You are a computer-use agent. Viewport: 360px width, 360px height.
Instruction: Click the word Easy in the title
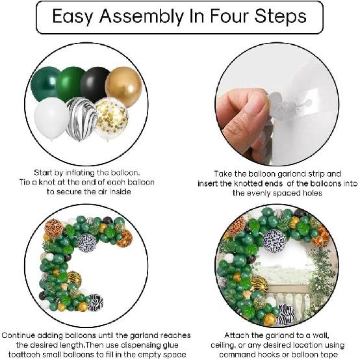[75, 18]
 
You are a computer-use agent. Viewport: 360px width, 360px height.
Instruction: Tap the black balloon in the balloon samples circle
[95, 83]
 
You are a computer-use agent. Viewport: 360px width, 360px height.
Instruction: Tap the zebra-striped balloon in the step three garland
[95, 302]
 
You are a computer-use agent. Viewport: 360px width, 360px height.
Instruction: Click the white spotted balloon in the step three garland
[87, 242]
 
